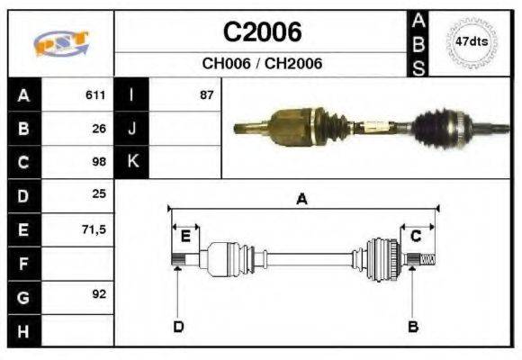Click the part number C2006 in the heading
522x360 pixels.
click(262, 33)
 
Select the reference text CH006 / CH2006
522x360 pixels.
click(262, 64)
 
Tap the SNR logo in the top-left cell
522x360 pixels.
click(60, 42)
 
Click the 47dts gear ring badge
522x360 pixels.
click(472, 41)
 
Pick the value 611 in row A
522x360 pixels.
click(95, 94)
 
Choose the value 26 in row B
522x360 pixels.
click(99, 128)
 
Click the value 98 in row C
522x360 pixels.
click(99, 162)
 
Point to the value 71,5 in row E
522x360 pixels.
click(94, 230)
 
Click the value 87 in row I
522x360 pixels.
click(207, 94)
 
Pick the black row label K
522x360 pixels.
click(132, 162)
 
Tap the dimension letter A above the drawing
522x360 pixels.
click(302, 200)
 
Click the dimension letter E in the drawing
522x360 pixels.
click(185, 237)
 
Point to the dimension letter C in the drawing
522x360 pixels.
click(416, 237)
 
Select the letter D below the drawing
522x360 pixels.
click(178, 327)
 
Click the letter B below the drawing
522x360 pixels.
click(413, 327)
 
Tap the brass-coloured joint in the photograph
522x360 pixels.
click(288, 125)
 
